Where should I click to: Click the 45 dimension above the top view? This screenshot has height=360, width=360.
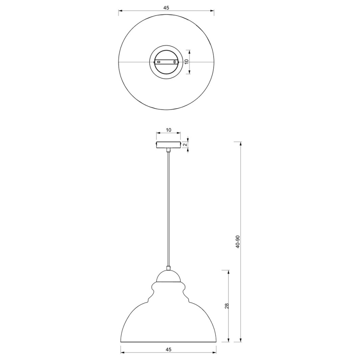click(x=166, y=8)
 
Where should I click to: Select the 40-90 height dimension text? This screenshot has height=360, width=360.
click(x=237, y=242)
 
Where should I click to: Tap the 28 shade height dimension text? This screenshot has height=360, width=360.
click(x=226, y=306)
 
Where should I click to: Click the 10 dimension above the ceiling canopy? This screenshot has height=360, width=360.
click(x=168, y=130)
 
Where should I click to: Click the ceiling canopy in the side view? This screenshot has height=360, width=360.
click(x=168, y=145)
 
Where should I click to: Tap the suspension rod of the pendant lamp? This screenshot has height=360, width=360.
click(x=168, y=207)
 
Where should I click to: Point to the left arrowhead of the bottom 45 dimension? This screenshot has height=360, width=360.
click(x=122, y=346)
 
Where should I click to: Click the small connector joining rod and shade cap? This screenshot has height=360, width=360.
click(x=168, y=268)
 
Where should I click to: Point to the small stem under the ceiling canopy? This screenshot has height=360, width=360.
click(x=168, y=150)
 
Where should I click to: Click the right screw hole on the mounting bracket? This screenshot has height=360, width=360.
click(x=175, y=62)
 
